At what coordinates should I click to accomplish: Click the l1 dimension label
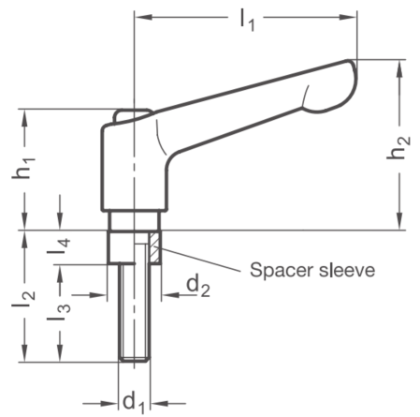click(247, 22)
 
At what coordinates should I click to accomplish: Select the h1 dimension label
click(23, 168)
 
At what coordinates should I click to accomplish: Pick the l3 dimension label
click(59, 312)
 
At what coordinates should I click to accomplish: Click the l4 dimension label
click(59, 246)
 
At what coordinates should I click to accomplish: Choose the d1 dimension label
click(134, 403)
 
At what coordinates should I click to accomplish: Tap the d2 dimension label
click(198, 287)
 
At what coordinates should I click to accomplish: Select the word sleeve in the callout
click(347, 269)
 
